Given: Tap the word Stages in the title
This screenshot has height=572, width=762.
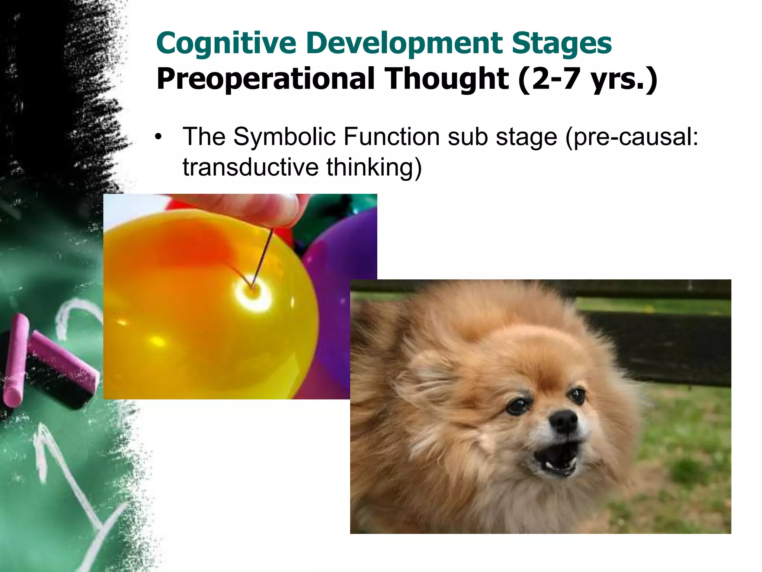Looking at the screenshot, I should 561,44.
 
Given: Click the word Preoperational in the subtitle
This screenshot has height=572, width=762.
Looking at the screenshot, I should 265,79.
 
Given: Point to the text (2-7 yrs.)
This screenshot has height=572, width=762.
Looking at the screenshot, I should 587,79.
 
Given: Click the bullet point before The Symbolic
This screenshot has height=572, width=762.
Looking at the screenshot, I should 159,137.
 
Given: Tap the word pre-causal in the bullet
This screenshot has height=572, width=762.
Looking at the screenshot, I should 631,137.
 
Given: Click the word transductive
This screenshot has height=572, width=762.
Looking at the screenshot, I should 250,167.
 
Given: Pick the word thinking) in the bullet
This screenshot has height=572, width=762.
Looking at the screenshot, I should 374,167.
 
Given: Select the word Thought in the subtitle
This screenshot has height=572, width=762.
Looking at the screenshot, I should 446,79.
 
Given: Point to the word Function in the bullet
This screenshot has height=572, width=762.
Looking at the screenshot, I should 391,137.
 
